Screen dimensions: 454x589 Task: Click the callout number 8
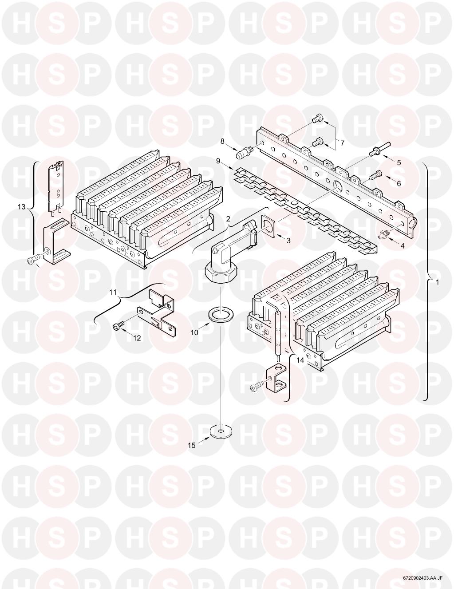(222, 141)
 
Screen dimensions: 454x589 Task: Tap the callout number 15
(192, 446)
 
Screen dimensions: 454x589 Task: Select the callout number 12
(137, 338)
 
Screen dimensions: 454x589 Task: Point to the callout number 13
(21, 207)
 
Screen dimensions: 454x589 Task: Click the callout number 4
(402, 246)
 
